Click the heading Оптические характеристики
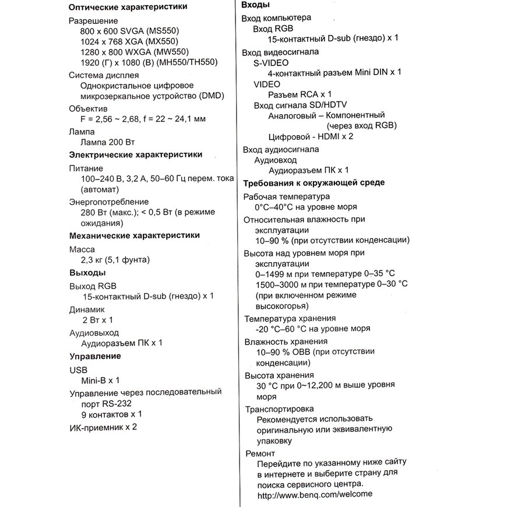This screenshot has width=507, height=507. [x=128, y=8]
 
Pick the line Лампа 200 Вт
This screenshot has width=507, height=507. [x=108, y=142]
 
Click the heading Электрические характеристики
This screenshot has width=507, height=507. [x=136, y=154]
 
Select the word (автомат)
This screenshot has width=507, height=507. [x=101, y=190]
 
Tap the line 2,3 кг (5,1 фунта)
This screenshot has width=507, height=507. [x=115, y=259]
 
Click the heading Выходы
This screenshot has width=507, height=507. [x=87, y=273]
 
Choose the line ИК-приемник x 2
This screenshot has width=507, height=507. [x=103, y=427]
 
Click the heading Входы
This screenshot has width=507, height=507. [x=256, y=5]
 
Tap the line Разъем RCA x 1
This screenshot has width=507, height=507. [x=300, y=94]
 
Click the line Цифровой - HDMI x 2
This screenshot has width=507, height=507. [x=311, y=136]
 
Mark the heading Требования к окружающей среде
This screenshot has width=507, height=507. [x=314, y=183]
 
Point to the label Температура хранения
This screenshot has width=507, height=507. [x=290, y=319]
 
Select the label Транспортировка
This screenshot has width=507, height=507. [x=279, y=409]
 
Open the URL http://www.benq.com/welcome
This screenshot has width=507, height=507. [x=314, y=494]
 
